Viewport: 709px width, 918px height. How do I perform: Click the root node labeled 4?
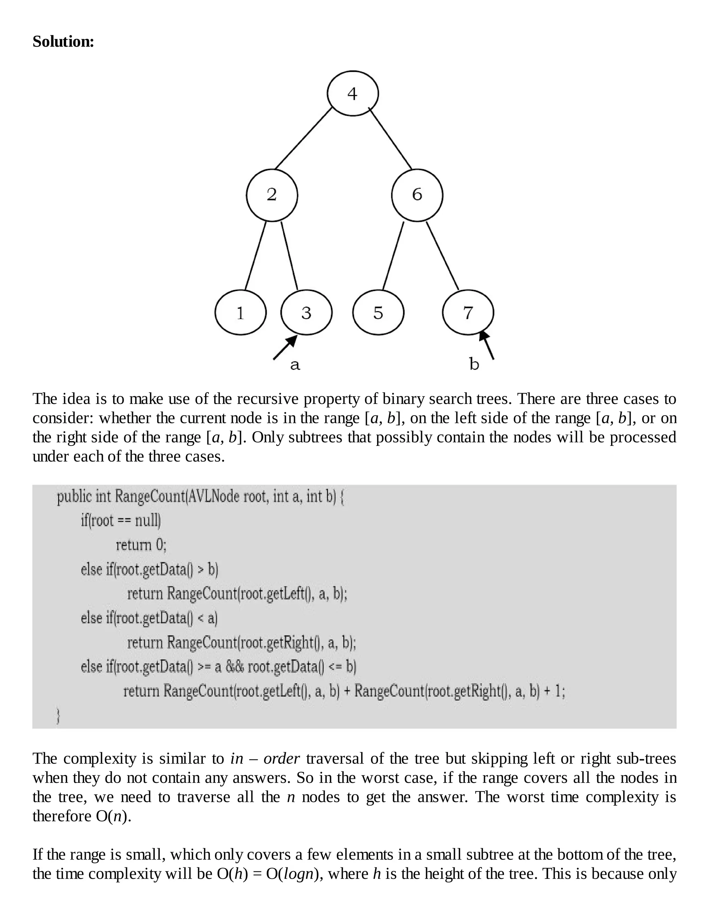coord(352,93)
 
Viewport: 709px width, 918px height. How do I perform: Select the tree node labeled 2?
coord(272,195)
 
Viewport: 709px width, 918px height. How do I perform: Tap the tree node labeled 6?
coord(417,195)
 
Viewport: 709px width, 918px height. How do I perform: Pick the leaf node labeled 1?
coord(240,312)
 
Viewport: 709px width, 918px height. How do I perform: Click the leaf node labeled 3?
coord(306,312)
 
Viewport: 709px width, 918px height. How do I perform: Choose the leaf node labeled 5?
coord(378,312)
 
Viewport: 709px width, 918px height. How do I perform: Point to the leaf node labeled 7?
coord(468,312)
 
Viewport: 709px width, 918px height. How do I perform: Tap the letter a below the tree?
coord(295,365)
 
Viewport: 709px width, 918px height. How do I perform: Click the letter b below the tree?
coord(474,364)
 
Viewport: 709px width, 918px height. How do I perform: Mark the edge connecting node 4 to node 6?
coord(390,138)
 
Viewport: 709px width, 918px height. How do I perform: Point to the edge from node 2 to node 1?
coord(255,256)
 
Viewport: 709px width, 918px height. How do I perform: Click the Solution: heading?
coord(63,42)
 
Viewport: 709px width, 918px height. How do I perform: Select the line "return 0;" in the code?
coord(141,545)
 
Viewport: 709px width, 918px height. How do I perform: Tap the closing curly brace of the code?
coord(59,716)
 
